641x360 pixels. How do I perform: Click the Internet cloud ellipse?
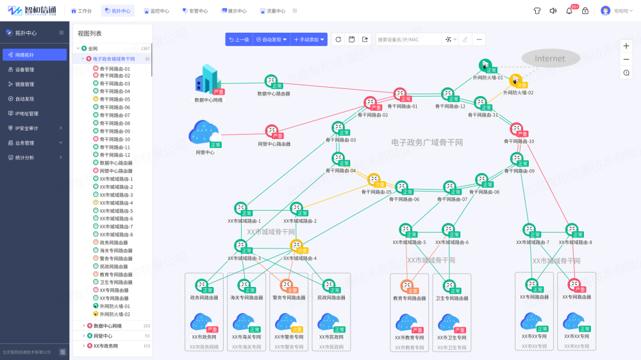coord(550,58)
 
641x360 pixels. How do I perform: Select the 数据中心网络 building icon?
coord(207,79)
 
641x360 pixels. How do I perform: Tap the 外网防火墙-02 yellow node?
coord(516,80)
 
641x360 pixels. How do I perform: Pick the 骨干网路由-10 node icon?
coord(517,129)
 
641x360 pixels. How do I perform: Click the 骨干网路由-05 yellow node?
coord(374,180)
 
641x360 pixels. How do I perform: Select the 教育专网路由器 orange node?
coord(407,286)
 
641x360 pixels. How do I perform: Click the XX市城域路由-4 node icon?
coord(296,246)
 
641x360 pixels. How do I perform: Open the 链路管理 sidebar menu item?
coord(25,84)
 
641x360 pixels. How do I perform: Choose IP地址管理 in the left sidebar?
coord(27,113)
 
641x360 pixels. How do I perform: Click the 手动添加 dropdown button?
coord(309,40)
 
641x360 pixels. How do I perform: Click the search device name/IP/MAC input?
coord(407,40)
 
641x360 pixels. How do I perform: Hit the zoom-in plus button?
coord(626,46)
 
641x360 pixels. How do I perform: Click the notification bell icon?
coord(569,11)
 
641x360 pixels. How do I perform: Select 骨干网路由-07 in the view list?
coord(115,115)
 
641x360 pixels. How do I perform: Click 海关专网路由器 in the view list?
coord(116,250)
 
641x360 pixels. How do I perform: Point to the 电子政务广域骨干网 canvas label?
coord(427,142)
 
